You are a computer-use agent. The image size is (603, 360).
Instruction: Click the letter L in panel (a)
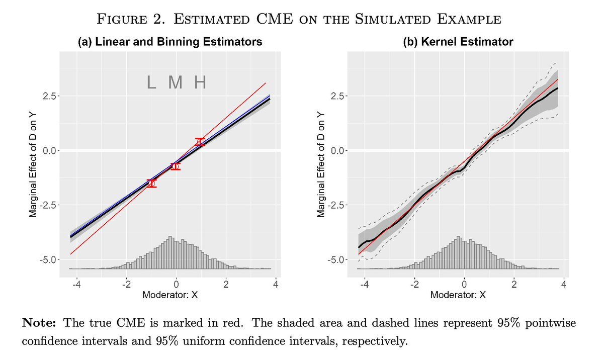tap(151, 82)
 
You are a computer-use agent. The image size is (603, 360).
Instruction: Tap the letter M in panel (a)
tap(175, 82)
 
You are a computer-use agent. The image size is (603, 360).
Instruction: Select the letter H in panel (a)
tap(200, 82)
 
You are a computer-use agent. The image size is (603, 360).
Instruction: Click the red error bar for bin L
tap(151, 183)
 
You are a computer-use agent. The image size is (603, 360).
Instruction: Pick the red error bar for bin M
tap(175, 166)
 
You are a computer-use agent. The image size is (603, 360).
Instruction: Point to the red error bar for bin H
tap(200, 142)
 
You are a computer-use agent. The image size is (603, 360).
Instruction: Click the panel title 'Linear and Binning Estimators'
tap(169, 42)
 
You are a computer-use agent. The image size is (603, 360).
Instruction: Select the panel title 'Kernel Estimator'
tap(458, 42)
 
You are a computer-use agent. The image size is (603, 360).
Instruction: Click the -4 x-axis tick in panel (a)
tap(76, 285)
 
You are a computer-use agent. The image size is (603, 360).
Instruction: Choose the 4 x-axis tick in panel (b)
tap(563, 285)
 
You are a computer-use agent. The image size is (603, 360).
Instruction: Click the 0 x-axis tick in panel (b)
tap(464, 285)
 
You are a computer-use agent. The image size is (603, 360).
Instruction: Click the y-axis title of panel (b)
tap(321, 164)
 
